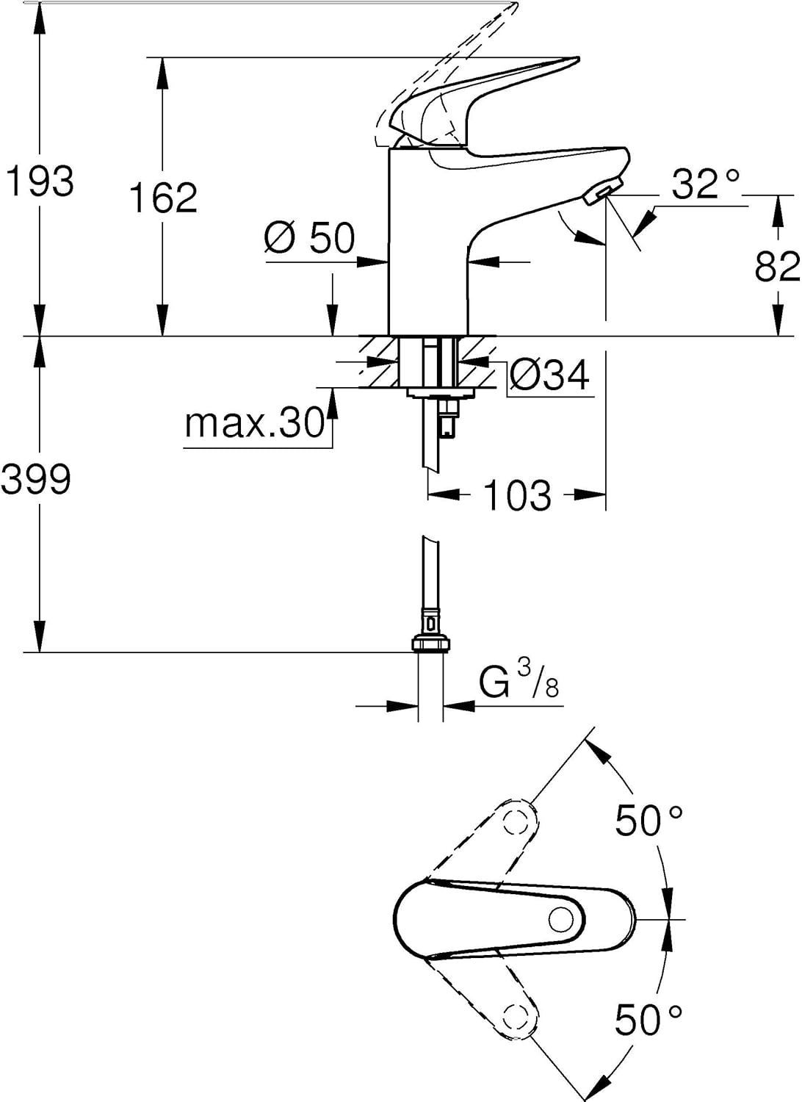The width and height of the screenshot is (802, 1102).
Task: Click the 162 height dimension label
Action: (x=163, y=197)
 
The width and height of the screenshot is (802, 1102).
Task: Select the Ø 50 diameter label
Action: (x=308, y=237)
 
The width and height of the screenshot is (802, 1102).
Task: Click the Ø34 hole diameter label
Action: (x=549, y=376)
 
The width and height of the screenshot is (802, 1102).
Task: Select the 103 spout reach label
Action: (x=517, y=494)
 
